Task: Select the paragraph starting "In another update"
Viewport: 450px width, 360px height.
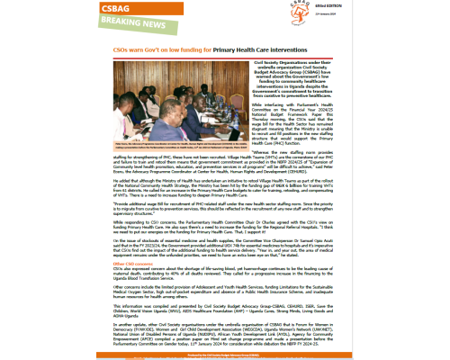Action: pos(224,325)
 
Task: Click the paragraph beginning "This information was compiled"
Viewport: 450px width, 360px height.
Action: pos(224,303)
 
